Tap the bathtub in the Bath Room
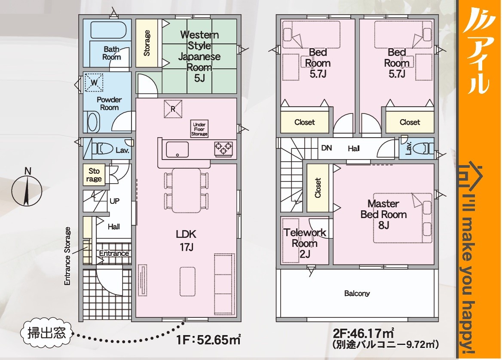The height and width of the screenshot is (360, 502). tap(109, 30)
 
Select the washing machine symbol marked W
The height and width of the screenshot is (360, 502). tap(94, 83)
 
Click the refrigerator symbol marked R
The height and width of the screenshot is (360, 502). tap(173, 109)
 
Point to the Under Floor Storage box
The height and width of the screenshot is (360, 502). tap(199, 129)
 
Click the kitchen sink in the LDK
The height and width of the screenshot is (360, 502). tap(177, 150)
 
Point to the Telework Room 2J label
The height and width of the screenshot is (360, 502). tap(304, 243)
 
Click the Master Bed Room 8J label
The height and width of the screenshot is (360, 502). tap(383, 214)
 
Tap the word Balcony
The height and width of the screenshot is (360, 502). tap(357, 293)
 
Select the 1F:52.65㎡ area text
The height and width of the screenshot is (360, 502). tap(208, 339)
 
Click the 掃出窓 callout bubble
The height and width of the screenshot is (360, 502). tap(47, 333)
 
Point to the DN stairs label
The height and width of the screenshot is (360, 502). tap(327, 148)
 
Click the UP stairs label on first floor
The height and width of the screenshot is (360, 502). tap(114, 201)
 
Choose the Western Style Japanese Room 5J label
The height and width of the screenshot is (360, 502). tap(199, 56)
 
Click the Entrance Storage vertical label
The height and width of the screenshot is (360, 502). tap(67, 256)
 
